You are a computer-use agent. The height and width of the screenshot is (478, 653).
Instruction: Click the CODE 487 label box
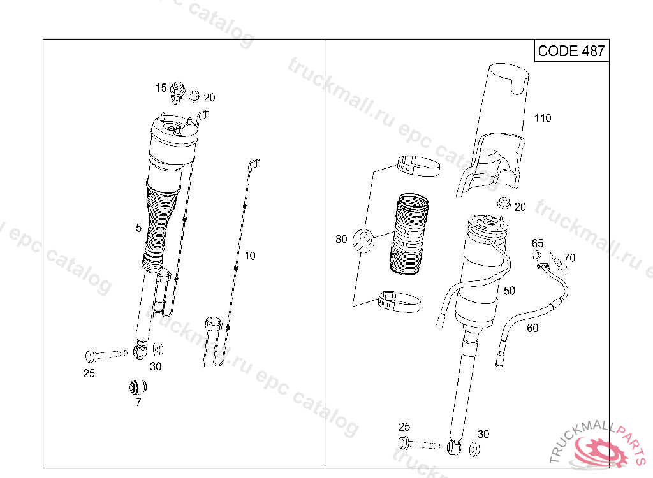[x=571, y=51]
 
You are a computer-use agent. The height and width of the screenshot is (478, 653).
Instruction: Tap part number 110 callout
[x=543, y=119]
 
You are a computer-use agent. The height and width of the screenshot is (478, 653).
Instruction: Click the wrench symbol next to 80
[x=363, y=240]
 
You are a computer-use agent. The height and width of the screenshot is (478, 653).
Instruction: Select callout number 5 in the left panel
[x=138, y=228]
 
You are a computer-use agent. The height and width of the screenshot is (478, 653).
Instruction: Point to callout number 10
[x=249, y=256]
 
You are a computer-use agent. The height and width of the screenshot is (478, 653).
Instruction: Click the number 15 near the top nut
[x=161, y=88]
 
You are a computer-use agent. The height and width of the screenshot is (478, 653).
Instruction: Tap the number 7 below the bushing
[x=138, y=402]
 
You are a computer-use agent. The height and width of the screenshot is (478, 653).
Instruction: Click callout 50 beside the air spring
[x=510, y=291]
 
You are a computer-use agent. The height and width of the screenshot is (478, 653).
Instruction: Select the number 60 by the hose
[x=532, y=328]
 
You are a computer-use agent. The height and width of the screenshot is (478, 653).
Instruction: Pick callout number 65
[x=538, y=243]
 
